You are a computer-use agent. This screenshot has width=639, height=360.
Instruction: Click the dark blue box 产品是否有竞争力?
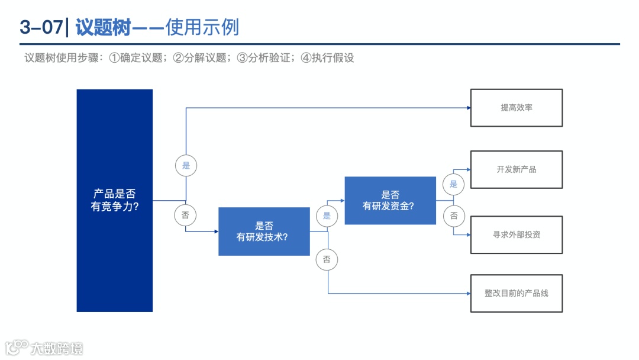[x=114, y=200]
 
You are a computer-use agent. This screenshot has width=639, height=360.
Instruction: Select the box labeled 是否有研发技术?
[x=264, y=232]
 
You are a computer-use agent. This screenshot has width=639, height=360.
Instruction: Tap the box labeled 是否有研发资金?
[x=390, y=200]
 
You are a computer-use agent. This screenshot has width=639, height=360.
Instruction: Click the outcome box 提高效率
[x=516, y=108]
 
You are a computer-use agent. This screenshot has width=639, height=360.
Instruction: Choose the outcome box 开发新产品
[x=516, y=169]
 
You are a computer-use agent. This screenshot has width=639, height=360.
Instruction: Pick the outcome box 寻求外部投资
[x=516, y=234]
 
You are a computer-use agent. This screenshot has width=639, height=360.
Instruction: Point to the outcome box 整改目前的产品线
[x=516, y=293]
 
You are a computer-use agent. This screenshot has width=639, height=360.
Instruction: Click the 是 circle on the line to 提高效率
[x=186, y=166]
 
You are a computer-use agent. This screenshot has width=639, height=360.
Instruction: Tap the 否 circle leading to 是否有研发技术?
[x=185, y=215]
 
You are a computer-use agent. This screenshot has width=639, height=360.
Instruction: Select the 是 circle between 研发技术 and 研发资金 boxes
[x=327, y=216]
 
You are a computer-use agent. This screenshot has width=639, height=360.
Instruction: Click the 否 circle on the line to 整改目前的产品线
[x=327, y=259]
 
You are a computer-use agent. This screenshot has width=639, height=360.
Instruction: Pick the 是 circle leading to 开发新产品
[x=453, y=184]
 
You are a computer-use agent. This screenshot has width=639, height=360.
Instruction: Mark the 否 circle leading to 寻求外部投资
[x=453, y=216]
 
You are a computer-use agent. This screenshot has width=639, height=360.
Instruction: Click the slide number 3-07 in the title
[x=40, y=27]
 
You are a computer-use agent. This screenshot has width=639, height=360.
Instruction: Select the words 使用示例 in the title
[x=202, y=27]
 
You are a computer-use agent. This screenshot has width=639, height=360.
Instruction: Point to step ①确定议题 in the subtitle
[x=135, y=58]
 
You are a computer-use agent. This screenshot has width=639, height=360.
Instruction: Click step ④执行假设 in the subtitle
[x=327, y=58]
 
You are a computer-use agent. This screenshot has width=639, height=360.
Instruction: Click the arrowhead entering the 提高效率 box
[x=467, y=108]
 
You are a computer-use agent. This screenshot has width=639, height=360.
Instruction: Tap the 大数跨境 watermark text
[x=57, y=348]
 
